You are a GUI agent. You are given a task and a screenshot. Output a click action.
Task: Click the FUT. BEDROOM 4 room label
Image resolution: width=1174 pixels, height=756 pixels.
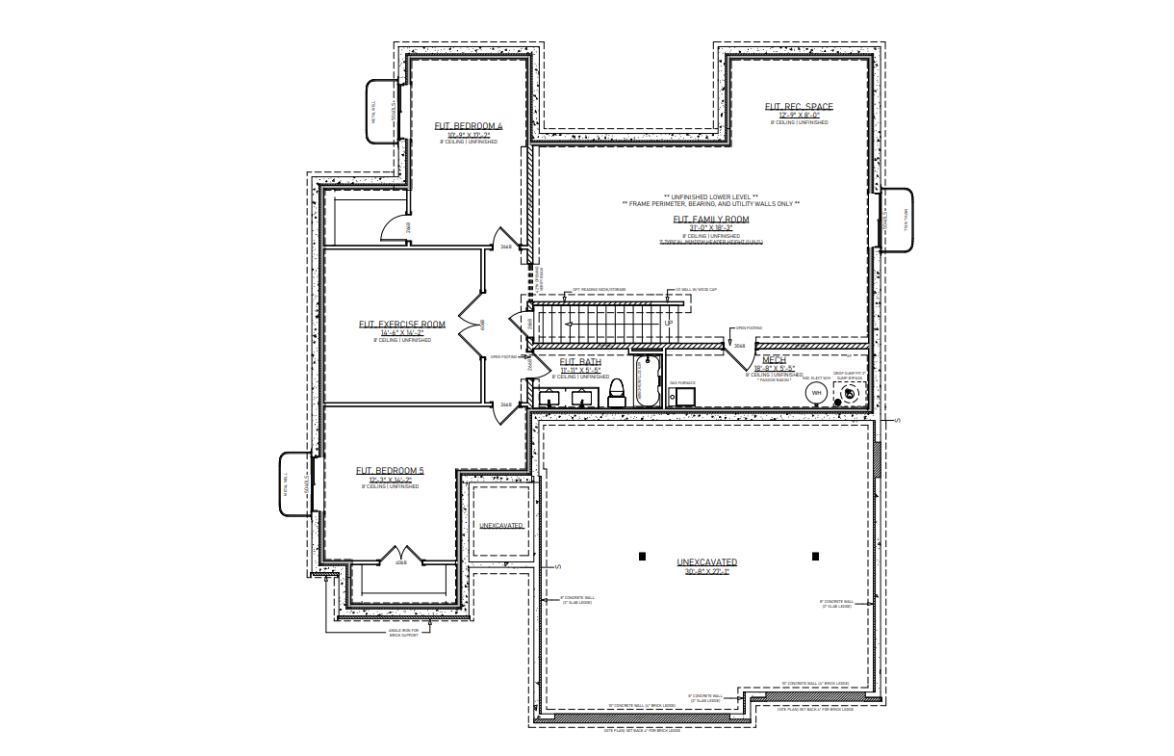[x=469, y=126]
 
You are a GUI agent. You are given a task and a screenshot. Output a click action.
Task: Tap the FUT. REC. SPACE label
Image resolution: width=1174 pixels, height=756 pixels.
[x=799, y=107]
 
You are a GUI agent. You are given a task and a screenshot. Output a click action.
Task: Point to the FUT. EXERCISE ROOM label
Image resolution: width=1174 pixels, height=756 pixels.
[x=402, y=325]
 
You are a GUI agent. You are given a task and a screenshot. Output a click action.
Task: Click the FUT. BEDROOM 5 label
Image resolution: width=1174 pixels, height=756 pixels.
[x=390, y=471]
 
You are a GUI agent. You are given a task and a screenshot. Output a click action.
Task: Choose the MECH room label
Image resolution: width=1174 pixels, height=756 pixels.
[x=775, y=359]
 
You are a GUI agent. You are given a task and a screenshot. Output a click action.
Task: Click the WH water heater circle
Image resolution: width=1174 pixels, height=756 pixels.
[x=816, y=393]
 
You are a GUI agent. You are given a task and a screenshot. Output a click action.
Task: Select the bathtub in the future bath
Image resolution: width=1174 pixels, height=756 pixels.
[x=646, y=381]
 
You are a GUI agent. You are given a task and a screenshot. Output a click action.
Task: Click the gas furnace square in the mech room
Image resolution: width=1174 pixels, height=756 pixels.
[x=681, y=397]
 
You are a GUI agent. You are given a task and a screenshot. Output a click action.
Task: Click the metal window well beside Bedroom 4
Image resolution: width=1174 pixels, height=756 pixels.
[x=380, y=113]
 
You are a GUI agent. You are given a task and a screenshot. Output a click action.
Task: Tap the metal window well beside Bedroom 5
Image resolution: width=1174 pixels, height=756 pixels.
[x=294, y=482]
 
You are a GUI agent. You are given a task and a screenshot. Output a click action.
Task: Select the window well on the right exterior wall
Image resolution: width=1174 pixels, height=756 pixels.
[x=897, y=220]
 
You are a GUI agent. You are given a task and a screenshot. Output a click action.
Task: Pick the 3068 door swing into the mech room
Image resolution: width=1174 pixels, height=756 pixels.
[x=739, y=356]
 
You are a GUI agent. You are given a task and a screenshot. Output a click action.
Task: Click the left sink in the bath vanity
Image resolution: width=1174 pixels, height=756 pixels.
[x=552, y=396]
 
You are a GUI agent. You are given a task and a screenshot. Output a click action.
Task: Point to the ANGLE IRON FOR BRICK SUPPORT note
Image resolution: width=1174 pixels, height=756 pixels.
[x=401, y=634]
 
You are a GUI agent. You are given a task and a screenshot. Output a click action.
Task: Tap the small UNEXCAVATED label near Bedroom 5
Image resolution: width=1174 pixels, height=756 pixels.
[x=501, y=526]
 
